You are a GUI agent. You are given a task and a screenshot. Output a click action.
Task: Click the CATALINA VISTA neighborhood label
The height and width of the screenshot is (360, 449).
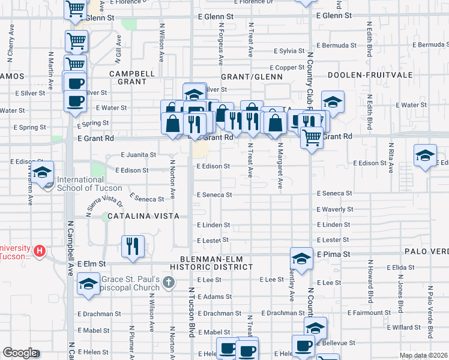click(x=143, y=215)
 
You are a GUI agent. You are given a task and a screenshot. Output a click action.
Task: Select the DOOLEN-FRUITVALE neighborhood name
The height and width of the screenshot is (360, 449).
click(x=366, y=76)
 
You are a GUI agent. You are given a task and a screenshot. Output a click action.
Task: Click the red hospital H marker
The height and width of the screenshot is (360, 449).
click(x=40, y=250)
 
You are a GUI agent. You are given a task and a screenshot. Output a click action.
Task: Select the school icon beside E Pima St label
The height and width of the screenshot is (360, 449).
click(x=301, y=259)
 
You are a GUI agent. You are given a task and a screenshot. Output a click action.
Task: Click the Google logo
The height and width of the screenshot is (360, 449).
click(x=20, y=353)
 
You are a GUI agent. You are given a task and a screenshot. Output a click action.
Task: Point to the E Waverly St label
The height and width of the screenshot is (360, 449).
click(x=334, y=209)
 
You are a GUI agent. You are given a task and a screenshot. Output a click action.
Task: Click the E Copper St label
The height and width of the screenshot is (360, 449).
click(x=288, y=68)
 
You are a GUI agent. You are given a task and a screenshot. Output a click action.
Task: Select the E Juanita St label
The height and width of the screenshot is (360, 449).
click(x=139, y=154)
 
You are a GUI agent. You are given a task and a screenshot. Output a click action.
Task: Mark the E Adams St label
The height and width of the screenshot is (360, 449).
click(x=213, y=296)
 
